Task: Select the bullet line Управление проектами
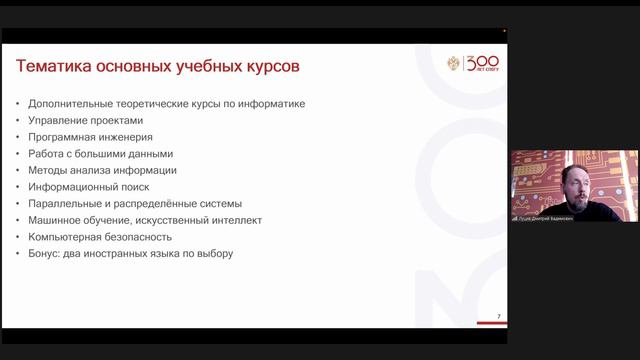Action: [79, 120]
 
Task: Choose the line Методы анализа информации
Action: [102, 170]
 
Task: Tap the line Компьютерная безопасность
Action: [100, 237]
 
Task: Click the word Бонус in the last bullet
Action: [45, 254]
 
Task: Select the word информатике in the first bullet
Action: [271, 104]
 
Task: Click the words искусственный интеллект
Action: [205, 220]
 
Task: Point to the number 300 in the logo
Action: [484, 62]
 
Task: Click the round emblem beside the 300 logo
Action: [455, 64]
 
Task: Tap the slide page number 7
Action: [499, 317]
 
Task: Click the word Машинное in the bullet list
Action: [56, 220]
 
